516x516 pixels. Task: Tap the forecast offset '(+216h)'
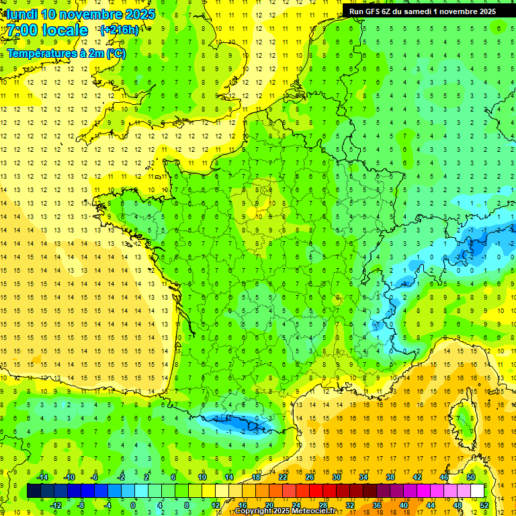click(x=119, y=30)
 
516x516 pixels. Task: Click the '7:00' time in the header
click(x=25, y=30)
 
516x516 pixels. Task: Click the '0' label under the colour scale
click(x=133, y=505)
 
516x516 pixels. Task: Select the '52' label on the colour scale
click(x=484, y=505)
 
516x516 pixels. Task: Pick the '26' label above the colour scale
click(x=310, y=476)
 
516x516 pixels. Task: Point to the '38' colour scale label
click(x=390, y=476)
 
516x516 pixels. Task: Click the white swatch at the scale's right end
click(x=478, y=490)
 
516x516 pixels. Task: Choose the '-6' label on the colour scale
click(x=94, y=476)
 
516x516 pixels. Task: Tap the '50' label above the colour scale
click(x=470, y=476)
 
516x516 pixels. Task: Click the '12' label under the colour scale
click(x=216, y=505)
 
